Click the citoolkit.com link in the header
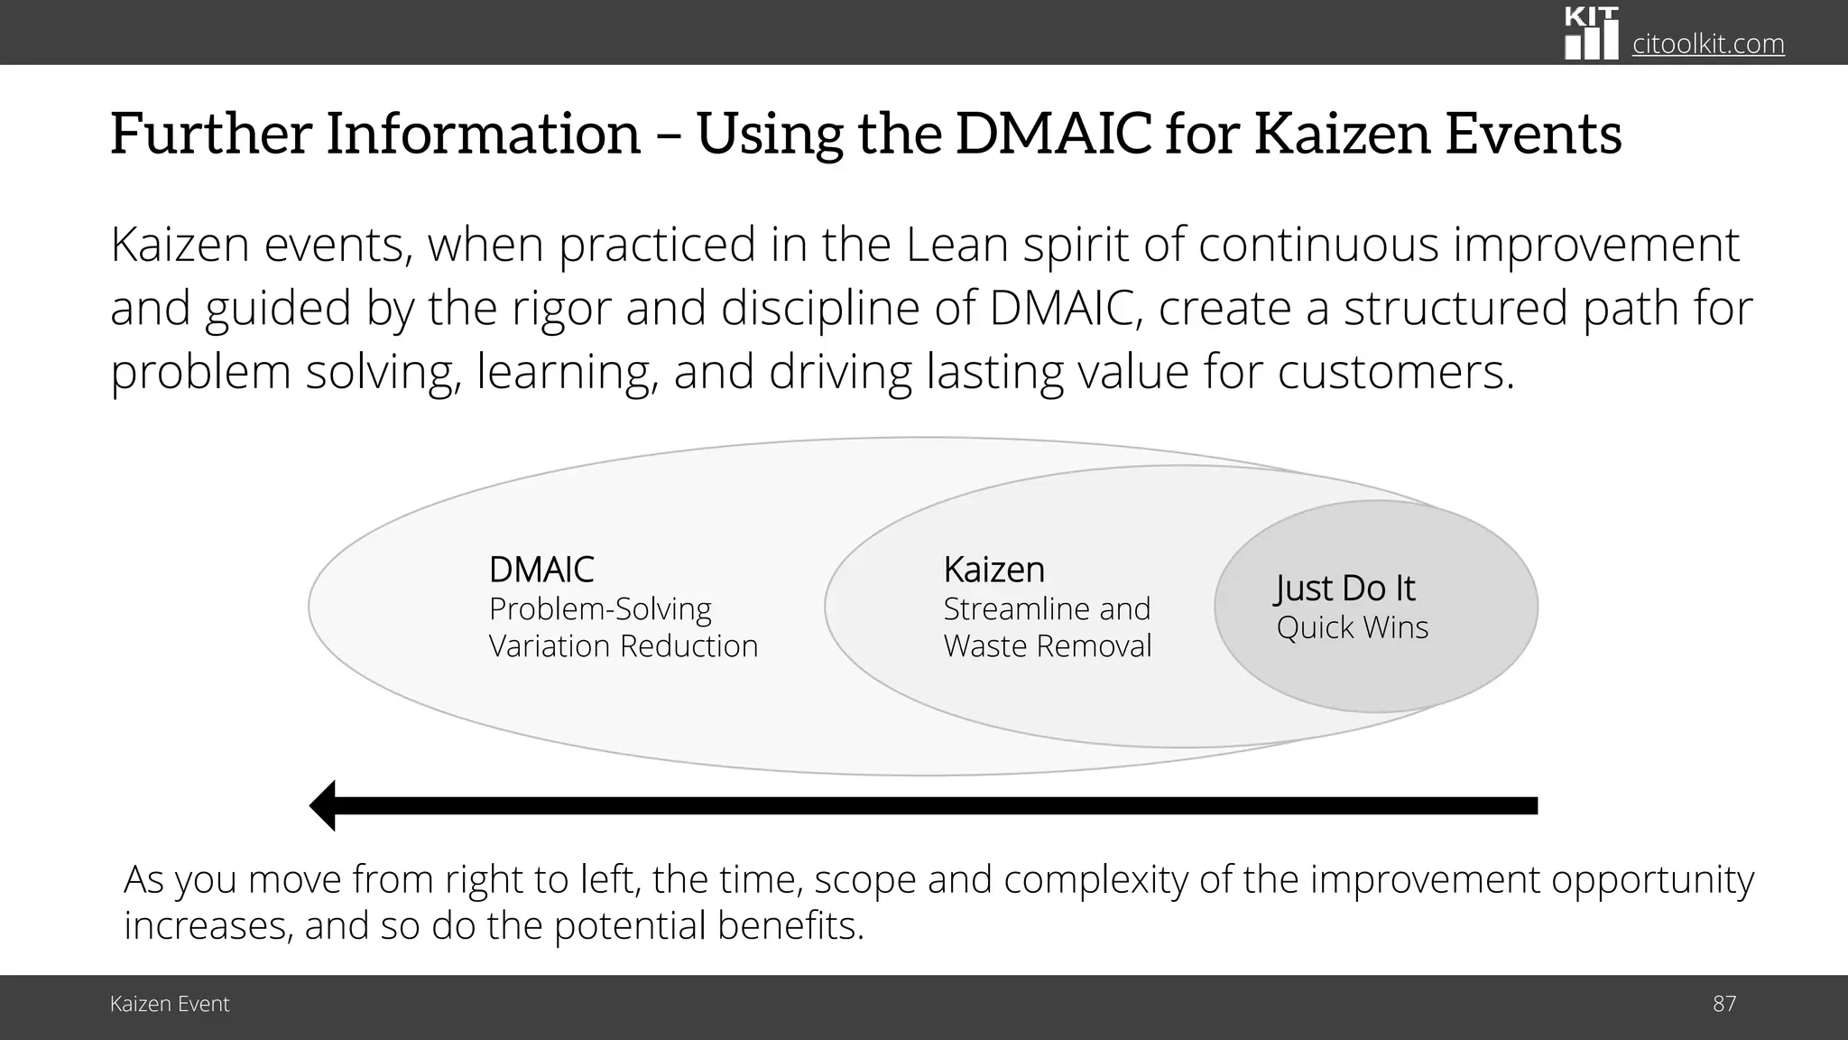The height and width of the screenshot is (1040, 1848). (x=1708, y=43)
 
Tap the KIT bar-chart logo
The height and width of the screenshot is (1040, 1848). (x=1591, y=33)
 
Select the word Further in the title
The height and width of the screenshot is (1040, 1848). (x=210, y=134)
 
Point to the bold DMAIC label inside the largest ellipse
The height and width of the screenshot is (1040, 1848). (x=541, y=570)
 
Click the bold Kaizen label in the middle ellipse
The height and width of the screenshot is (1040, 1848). (x=993, y=570)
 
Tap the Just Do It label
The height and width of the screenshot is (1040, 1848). (x=1344, y=589)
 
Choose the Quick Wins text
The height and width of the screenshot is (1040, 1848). (x=1352, y=627)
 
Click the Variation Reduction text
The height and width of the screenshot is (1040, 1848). (x=623, y=646)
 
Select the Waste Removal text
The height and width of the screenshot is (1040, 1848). (x=1047, y=646)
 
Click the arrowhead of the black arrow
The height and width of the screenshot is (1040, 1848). (x=323, y=805)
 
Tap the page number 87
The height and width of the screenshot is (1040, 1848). (x=1723, y=1004)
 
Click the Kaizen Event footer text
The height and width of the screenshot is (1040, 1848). (x=170, y=1004)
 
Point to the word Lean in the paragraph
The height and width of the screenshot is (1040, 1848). (x=956, y=245)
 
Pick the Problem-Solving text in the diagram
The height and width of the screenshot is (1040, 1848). (x=600, y=609)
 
